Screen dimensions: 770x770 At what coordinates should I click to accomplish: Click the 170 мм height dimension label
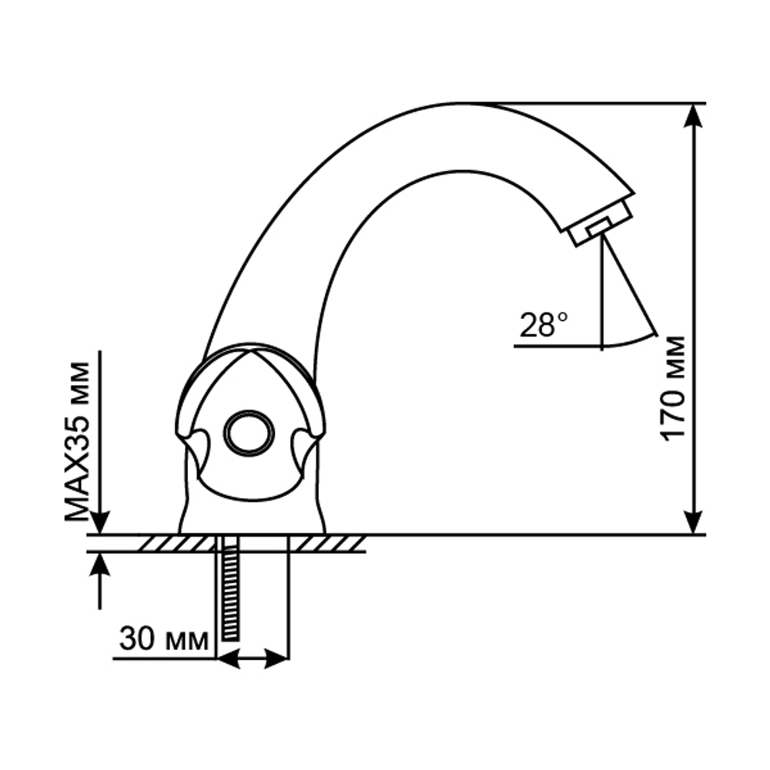point(674,387)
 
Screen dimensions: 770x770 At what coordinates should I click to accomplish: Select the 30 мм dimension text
point(164,638)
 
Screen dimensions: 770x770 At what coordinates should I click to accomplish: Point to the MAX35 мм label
point(77,437)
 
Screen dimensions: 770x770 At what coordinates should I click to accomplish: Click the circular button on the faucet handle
point(249,432)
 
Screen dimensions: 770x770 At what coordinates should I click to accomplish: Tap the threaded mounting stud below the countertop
point(229,590)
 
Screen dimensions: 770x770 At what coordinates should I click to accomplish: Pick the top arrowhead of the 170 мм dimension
point(695,115)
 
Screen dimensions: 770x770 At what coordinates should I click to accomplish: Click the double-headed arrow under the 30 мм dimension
point(253,659)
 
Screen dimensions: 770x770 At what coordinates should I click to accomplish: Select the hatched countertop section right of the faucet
point(331,543)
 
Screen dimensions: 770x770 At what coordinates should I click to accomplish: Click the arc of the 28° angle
point(628,341)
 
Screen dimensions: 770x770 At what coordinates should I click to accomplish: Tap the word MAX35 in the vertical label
point(77,467)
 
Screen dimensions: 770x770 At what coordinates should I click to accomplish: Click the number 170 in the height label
point(674,416)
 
